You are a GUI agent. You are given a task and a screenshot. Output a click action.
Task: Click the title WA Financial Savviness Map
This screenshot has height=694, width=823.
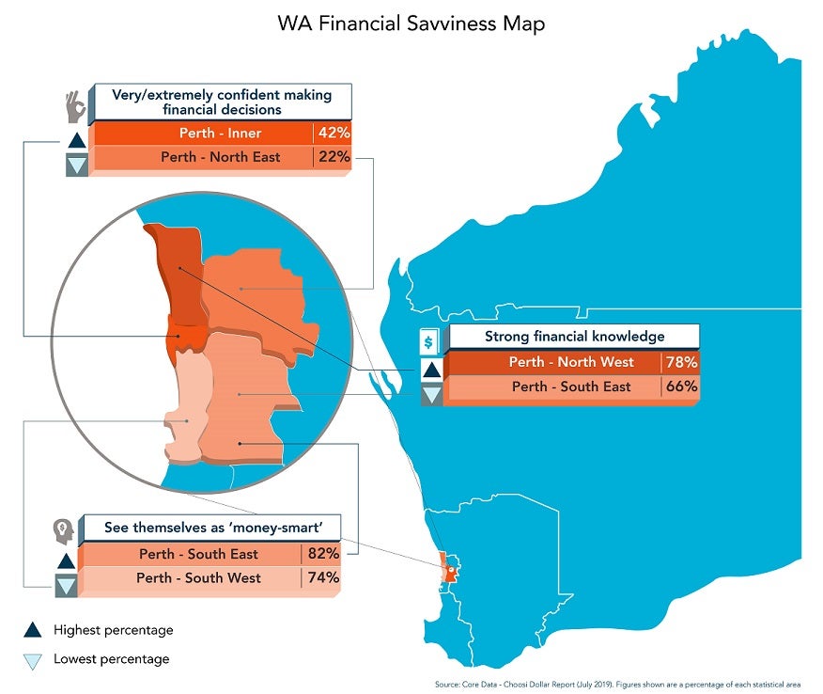411,24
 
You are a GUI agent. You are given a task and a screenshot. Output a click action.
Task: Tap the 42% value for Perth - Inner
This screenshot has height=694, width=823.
334,133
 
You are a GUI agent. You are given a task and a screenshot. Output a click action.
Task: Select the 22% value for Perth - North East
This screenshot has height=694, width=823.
334,157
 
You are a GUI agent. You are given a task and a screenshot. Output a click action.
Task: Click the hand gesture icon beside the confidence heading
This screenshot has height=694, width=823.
74,106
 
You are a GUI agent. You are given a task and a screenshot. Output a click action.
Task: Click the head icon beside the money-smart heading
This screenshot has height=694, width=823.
62,532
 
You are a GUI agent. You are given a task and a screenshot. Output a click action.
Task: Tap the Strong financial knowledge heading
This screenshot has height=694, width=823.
574,337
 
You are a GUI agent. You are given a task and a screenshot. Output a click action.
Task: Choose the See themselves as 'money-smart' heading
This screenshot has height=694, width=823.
210,528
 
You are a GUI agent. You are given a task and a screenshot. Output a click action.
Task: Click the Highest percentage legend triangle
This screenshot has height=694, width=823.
32,630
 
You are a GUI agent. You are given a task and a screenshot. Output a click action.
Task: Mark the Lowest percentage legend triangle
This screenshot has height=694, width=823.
32,660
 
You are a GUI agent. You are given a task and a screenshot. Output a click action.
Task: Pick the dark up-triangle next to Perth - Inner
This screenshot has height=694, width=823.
76,141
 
